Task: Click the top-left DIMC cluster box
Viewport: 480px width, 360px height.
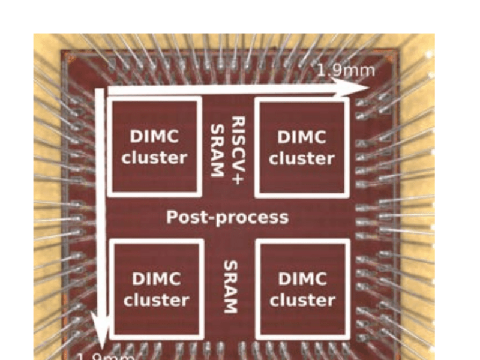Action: point(154,146)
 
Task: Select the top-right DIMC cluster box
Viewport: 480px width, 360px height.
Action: point(302,147)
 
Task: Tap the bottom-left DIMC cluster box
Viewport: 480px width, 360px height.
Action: point(157,289)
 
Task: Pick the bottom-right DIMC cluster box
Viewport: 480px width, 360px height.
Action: point(302,289)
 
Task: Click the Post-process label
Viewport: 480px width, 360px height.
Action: point(227,217)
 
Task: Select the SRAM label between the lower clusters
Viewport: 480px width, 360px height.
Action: point(229,287)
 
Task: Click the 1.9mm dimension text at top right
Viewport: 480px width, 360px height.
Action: point(346,70)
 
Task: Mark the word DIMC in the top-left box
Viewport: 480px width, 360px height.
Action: point(154,136)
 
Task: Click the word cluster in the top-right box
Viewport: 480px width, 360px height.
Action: point(302,158)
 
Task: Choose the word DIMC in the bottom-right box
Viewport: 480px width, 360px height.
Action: point(302,278)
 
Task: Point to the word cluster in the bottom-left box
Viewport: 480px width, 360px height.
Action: point(157,300)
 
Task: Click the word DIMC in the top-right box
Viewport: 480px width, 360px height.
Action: point(302,137)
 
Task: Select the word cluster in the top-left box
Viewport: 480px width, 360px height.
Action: point(154,158)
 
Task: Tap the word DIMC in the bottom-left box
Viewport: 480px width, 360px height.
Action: point(157,279)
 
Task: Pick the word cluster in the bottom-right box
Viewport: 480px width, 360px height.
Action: point(302,299)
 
